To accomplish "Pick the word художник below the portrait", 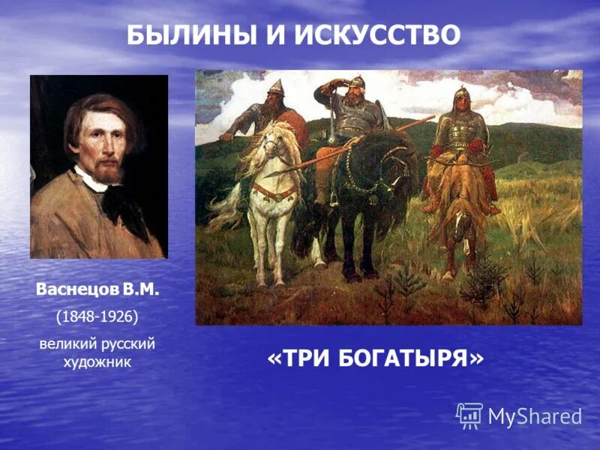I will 97,361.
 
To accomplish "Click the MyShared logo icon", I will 469,415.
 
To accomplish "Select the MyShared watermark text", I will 535,416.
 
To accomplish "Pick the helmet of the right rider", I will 460,95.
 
